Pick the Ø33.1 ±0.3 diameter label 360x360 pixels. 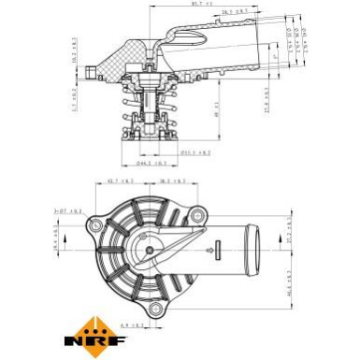click(x=195, y=152)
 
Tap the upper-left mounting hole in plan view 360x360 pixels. click(x=94, y=224)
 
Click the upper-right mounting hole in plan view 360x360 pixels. click(x=197, y=217)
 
